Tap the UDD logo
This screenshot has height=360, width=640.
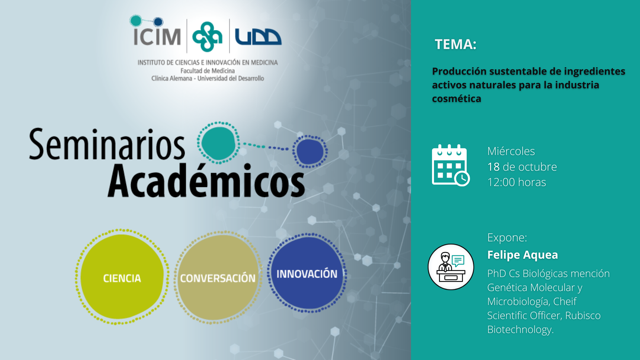[x=258, y=37]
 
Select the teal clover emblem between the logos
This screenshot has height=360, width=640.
[x=207, y=37]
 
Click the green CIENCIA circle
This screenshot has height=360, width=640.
[x=122, y=277]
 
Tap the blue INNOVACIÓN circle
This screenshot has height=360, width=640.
[x=307, y=273]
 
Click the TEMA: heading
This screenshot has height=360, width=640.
[x=455, y=44]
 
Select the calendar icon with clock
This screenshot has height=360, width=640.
[x=451, y=165]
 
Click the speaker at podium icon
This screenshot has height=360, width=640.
[x=451, y=267]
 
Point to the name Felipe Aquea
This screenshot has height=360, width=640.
[x=522, y=255]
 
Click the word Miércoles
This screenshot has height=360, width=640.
[x=511, y=151]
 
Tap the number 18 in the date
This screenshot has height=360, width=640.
[x=493, y=167]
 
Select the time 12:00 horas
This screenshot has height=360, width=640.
[x=517, y=182]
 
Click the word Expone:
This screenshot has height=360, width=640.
[x=507, y=238]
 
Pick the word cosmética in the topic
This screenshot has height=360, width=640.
[x=456, y=99]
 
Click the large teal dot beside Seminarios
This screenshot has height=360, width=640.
[x=219, y=143]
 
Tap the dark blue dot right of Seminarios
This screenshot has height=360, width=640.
[x=310, y=152]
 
